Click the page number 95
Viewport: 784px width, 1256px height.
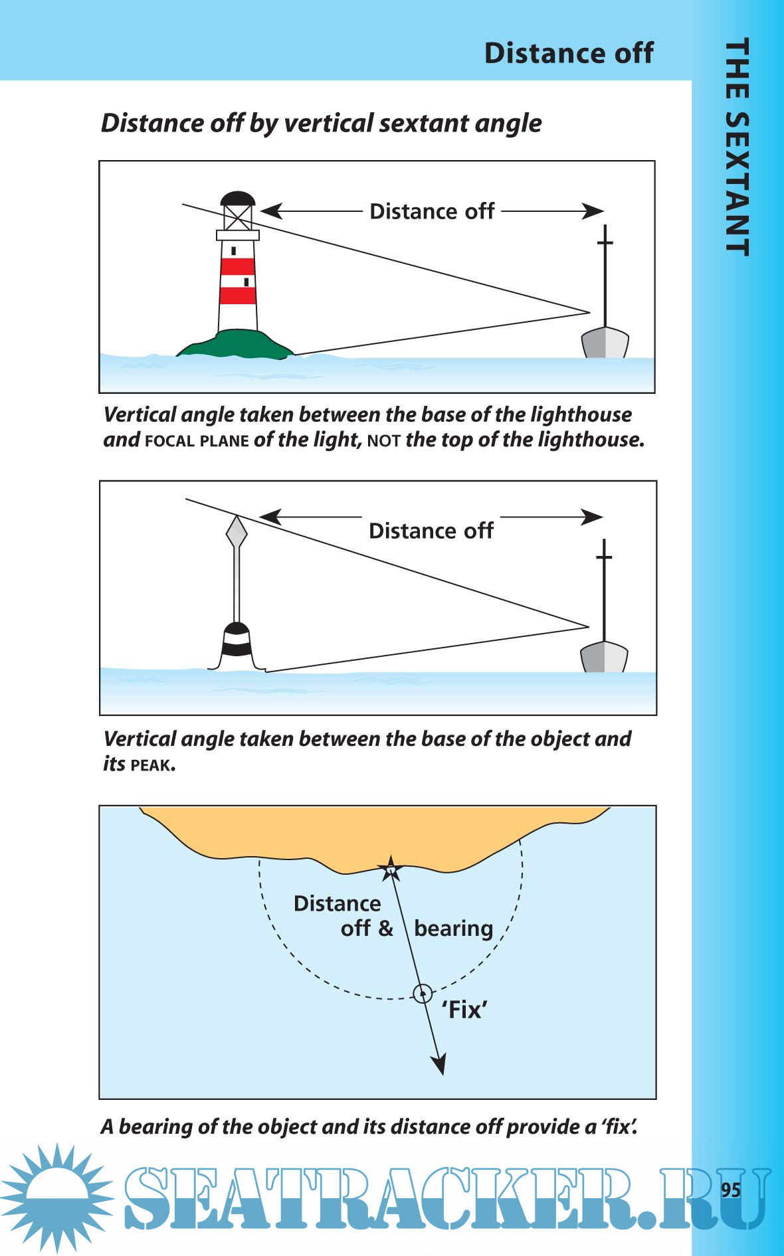(730, 1189)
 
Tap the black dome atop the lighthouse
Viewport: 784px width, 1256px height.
(237, 199)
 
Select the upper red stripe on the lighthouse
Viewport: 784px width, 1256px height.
(237, 266)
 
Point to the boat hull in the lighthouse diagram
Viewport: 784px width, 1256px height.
(605, 343)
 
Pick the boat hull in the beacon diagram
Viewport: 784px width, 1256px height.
(604, 657)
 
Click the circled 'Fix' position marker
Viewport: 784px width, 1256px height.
(423, 994)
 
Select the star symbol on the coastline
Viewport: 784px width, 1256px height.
(391, 868)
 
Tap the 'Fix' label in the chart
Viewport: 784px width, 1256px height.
(464, 1010)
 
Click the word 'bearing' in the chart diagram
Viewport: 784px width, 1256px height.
(453, 929)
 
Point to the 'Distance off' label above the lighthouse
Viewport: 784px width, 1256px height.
(432, 211)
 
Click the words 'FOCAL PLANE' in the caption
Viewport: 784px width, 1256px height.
(197, 441)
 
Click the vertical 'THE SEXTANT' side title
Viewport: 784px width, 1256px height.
(737, 146)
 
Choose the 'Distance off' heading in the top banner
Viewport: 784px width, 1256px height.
(569, 53)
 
